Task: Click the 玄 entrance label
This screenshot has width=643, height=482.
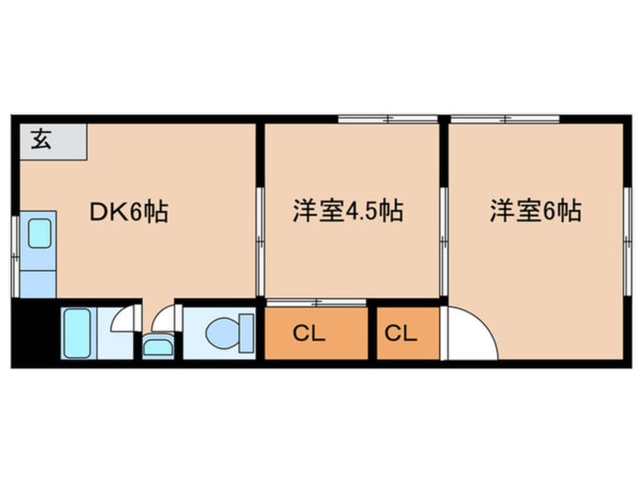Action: point(41,140)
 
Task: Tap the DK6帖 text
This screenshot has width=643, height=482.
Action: point(129,211)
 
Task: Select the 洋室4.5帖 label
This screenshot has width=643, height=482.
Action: point(347,211)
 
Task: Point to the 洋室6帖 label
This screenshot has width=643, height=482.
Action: point(536,211)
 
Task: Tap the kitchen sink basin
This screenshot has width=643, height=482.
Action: point(39,233)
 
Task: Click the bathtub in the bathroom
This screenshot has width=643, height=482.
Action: point(76,333)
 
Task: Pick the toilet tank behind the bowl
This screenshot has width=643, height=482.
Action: point(247,332)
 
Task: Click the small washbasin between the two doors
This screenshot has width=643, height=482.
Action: point(157,349)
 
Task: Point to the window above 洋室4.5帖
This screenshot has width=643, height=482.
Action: point(388,119)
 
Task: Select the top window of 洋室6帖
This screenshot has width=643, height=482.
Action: point(505,119)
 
